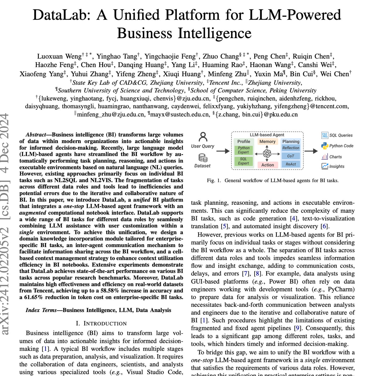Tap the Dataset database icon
coord(203,158)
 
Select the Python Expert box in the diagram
coord(243,150)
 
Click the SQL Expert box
coord(243,161)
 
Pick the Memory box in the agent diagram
coord(267,142)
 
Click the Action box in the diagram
coord(268,165)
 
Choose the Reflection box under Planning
coord(291,148)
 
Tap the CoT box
coord(291,156)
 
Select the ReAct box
coord(291,164)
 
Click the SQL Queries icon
coord(325,135)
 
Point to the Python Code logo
coord(325,146)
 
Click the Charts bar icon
coord(325,157)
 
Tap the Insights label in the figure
coord(337,166)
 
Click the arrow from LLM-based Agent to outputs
coord(311,151)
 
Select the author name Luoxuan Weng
coord(59,56)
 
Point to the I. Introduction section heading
coord(101,323)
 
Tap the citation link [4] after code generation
coord(293,219)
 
